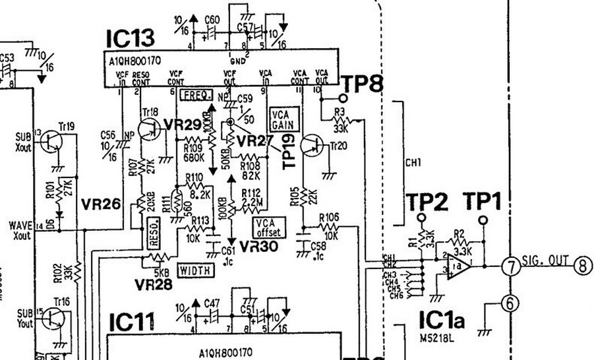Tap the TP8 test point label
tap(363, 83)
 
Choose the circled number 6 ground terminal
tap(509, 303)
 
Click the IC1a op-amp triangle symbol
tap(460, 266)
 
